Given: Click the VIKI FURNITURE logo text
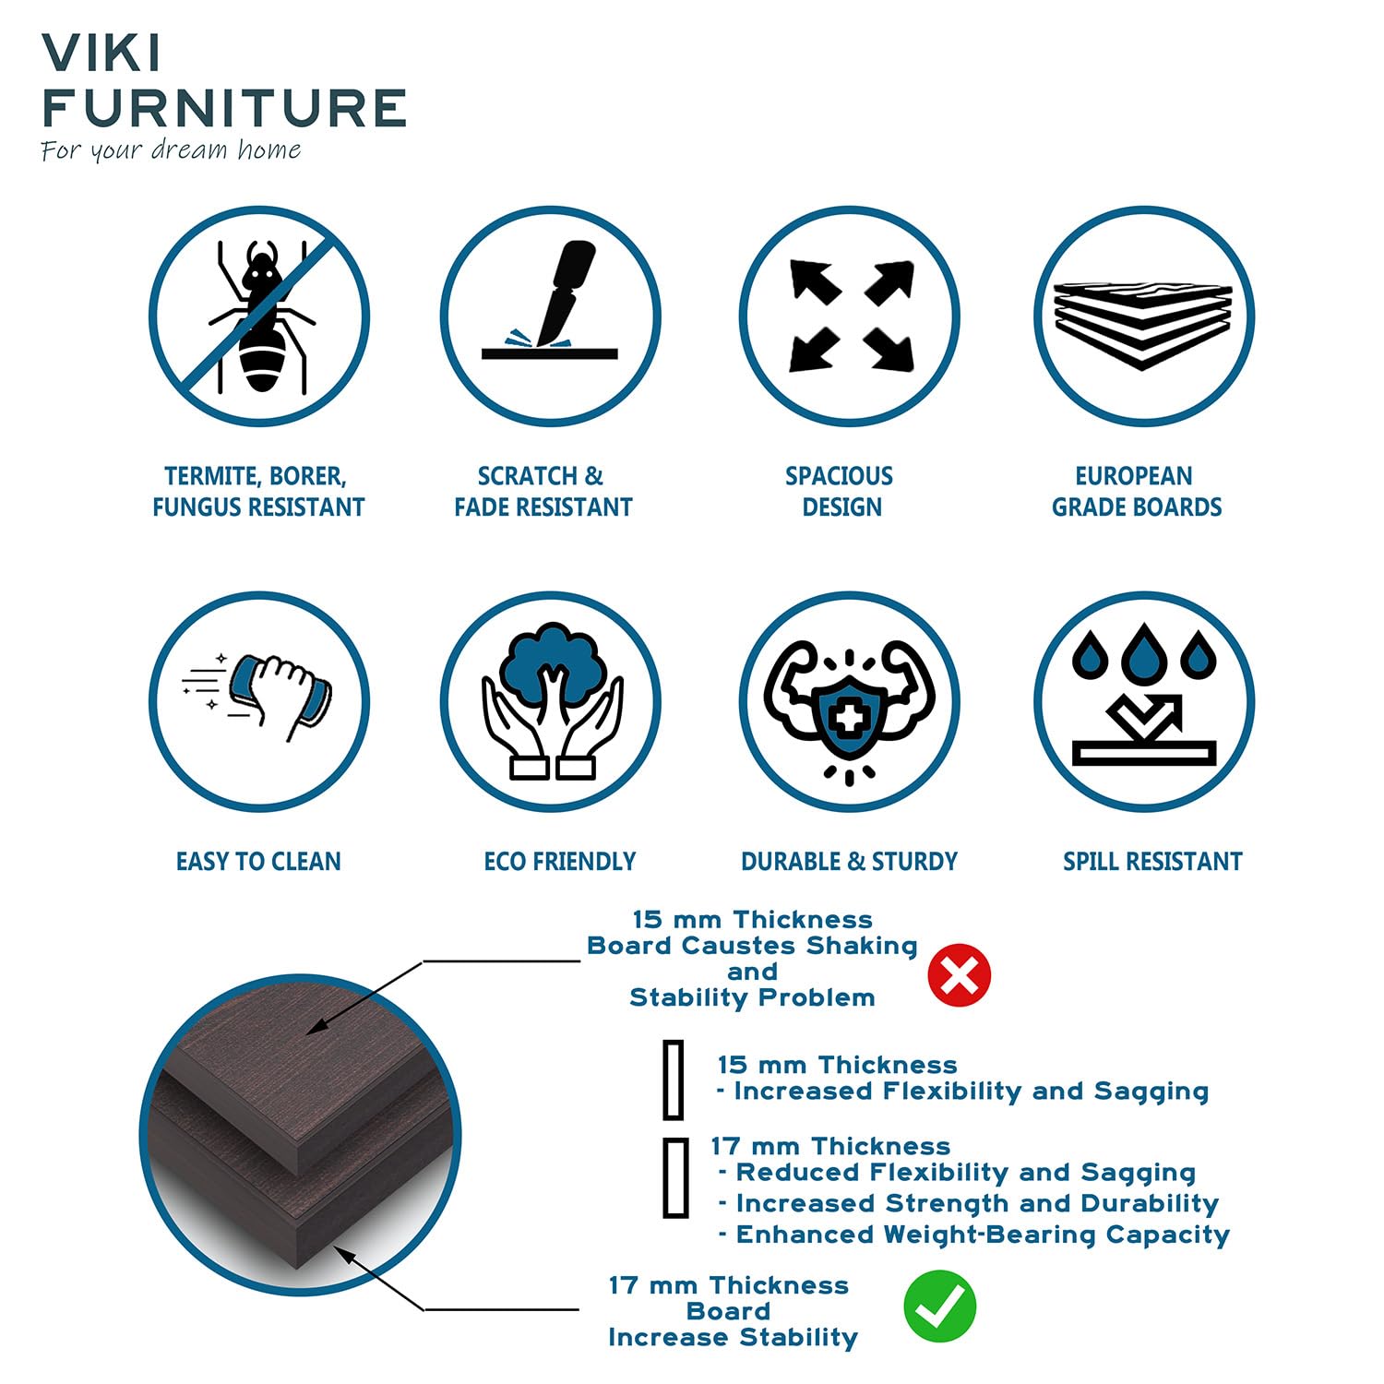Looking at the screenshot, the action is pos(223,81).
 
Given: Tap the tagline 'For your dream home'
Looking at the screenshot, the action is pos(171,150).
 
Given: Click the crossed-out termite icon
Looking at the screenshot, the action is pos(259,316).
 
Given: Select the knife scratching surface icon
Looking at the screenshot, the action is pos(551,316).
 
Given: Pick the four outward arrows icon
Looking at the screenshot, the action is pos(850,316).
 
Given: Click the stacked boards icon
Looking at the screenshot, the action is pos(1144,316).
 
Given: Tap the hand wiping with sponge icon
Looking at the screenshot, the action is pos(259,702).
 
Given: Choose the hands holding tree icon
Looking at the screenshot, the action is pos(551,702).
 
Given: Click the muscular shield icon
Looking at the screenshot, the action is pos(850,702).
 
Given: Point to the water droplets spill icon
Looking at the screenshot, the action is pos(1144,702).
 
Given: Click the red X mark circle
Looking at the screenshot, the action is pos(960,975).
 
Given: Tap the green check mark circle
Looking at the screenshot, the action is pos(939,1306).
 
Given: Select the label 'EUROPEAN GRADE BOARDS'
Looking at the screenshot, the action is pos(1137,492).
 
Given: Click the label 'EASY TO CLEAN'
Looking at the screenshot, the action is pos(258,862).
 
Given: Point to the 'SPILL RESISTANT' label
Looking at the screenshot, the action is pos(1152,862).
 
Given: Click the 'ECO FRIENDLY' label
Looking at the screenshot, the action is pos(560,862).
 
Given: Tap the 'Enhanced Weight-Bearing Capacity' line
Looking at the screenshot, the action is pos(974,1235).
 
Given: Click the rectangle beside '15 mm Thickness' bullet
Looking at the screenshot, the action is pos(674,1080).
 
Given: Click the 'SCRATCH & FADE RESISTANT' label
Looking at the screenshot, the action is pos(543,492).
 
